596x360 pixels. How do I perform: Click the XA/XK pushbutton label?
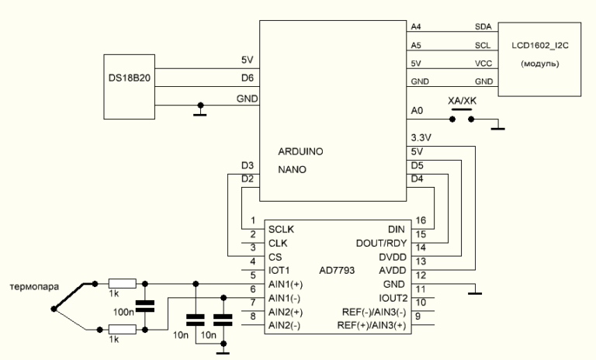[463, 101]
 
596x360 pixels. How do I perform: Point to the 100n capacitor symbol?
[143, 306]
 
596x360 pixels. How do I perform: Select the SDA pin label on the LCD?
[482, 26]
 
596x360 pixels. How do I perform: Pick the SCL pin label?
[482, 45]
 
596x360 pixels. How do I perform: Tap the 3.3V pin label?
[421, 138]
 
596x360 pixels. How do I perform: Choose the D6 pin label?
[247, 78]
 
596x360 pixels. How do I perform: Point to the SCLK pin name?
[282, 230]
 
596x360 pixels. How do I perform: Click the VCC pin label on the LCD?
[482, 63]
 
